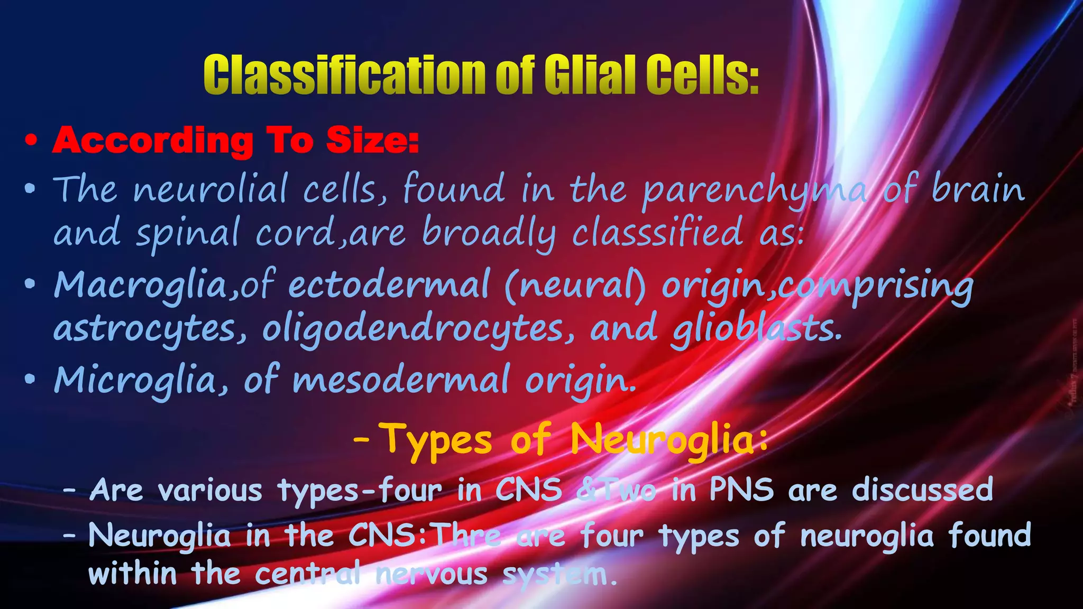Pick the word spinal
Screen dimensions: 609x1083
coord(187,233)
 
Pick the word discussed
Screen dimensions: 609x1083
coord(922,490)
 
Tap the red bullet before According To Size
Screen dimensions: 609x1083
coord(32,141)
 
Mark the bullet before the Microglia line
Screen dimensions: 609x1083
coord(31,379)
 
